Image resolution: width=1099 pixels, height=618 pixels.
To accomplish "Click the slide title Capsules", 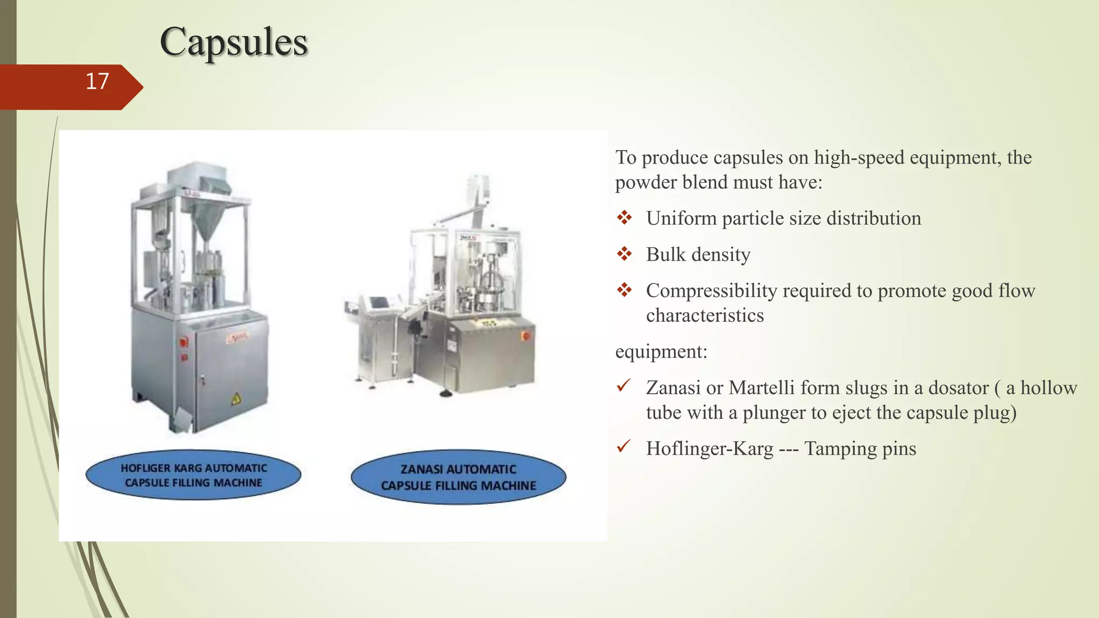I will (233, 42).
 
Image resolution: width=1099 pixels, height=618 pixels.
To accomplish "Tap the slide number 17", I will (97, 82).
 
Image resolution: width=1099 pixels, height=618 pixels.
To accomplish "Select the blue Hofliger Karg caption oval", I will (193, 475).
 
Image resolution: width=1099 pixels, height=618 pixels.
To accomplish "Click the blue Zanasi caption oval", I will (458, 477).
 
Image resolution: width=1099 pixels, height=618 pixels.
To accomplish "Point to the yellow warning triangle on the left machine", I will (236, 399).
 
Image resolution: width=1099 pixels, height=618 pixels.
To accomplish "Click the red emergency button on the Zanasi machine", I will (525, 336).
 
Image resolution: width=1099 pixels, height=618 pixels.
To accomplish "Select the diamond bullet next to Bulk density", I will (624, 254).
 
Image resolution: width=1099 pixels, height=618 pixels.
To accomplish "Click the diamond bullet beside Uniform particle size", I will (624, 218).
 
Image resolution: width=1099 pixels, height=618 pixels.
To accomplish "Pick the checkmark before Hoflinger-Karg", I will (624, 446).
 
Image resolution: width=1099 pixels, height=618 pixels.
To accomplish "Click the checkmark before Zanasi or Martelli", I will (624, 386).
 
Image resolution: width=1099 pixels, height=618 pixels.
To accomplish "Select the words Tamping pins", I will (860, 448).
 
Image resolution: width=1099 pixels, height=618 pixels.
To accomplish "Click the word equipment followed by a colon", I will (661, 352).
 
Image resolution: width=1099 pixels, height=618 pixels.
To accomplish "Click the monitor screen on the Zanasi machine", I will (380, 302).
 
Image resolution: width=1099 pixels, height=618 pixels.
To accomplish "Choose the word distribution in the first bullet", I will (874, 218).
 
